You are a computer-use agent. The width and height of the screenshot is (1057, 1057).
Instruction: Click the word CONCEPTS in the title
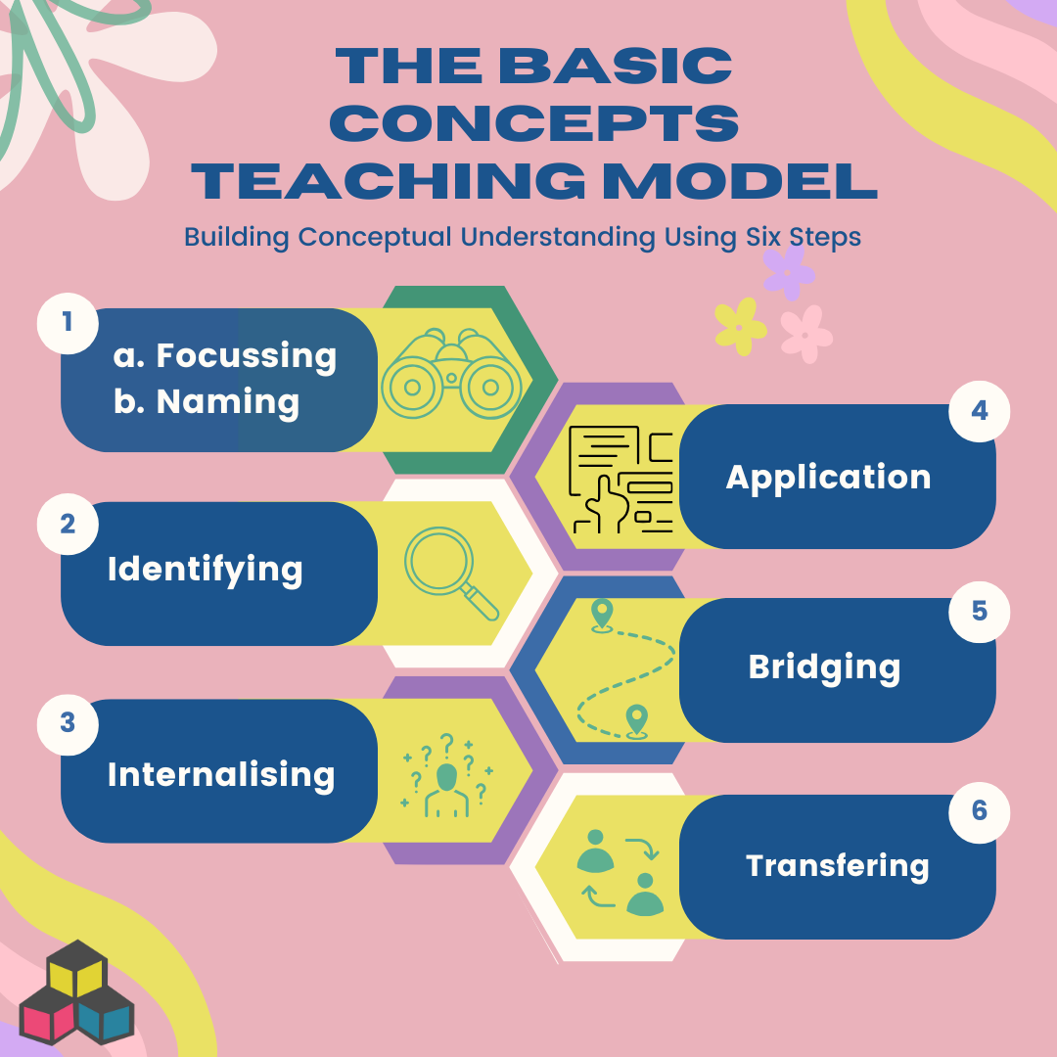click(x=534, y=123)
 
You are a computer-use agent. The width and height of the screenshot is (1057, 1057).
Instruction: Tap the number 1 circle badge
click(x=68, y=323)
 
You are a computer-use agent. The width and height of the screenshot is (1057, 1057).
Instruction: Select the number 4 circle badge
click(x=979, y=411)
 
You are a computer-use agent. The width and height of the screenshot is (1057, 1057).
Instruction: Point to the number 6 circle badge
click(x=979, y=811)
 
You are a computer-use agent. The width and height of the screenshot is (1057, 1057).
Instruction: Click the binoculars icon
click(x=451, y=374)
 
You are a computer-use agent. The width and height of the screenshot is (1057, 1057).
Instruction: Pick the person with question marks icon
click(x=447, y=775)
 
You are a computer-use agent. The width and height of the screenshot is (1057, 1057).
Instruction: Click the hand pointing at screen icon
click(x=620, y=480)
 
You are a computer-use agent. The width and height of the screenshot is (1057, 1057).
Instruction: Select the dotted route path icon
click(x=624, y=669)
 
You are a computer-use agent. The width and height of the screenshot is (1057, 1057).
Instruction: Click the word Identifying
click(x=205, y=571)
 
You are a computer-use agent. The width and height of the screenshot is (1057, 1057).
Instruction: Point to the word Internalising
click(x=221, y=775)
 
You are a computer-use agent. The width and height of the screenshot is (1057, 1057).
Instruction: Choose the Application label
click(x=829, y=479)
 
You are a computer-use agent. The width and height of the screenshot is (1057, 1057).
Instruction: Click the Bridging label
click(x=824, y=668)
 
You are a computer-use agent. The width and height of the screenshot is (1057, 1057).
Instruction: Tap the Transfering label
click(x=837, y=866)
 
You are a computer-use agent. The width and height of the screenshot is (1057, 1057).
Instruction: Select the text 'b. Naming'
click(x=207, y=402)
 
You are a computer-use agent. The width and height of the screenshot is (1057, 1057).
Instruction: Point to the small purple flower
click(x=788, y=272)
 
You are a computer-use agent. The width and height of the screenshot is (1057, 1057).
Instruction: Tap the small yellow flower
click(x=740, y=327)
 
